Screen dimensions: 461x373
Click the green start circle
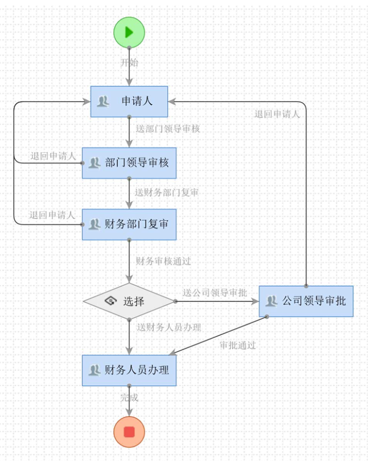click(129, 32)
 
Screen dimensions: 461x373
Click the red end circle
click(129, 432)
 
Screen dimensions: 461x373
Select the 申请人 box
click(129, 101)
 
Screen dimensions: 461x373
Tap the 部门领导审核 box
click(129, 163)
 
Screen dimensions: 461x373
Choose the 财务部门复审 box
click(129, 224)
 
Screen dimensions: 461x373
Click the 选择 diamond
click(129, 302)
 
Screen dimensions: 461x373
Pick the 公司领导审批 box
click(306, 301)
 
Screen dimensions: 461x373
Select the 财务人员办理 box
click(129, 370)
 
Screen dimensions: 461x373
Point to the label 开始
click(130, 63)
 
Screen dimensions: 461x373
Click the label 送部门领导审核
click(168, 128)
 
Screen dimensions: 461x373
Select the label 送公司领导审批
click(215, 293)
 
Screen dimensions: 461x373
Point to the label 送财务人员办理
click(169, 327)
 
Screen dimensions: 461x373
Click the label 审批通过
click(238, 346)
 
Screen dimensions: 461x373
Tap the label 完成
click(130, 398)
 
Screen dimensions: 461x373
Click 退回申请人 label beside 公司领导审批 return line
click(277, 114)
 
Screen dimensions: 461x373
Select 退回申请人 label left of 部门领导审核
click(53, 156)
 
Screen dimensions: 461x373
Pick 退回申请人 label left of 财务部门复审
click(52, 215)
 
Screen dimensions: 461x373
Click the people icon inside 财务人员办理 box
click(94, 370)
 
